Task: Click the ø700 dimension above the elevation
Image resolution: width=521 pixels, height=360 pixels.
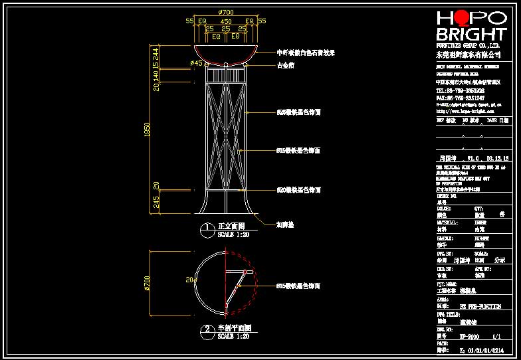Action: click(226, 13)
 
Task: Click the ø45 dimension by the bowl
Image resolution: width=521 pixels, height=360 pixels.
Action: click(196, 63)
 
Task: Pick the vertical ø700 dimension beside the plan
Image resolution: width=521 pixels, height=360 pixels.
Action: click(148, 284)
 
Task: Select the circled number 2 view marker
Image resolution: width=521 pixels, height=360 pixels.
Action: click(208, 329)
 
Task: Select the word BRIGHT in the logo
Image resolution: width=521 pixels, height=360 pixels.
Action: click(471, 35)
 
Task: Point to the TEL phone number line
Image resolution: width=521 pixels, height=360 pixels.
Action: click(460, 90)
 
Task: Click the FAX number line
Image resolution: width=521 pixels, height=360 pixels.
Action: click(460, 98)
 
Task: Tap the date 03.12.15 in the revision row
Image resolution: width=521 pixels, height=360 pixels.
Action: click(497, 159)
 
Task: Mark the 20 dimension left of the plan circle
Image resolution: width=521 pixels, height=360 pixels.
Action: click(189, 280)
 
